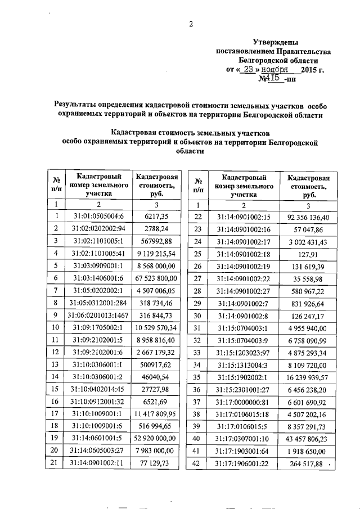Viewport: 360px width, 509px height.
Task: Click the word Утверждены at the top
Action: pyautogui.click(x=276, y=42)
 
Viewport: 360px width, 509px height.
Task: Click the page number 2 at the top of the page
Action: pyautogui.click(x=191, y=23)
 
